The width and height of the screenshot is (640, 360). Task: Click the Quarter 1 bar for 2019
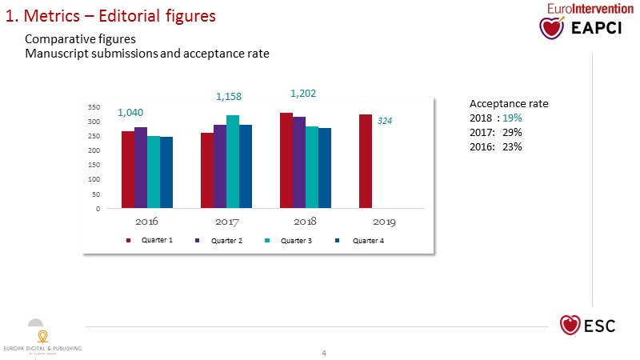coord(366,162)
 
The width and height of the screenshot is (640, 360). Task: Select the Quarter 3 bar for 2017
coord(233,162)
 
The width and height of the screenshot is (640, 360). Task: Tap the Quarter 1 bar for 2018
coord(286,161)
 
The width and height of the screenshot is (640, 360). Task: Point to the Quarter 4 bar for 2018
coord(325,169)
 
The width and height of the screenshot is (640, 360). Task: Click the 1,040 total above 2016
coord(130,113)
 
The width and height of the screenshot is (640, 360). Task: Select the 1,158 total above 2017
coord(229,97)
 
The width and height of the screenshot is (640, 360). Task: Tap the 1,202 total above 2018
coord(303,94)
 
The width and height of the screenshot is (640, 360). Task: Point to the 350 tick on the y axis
coord(94,106)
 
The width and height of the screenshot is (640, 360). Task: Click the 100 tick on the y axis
coord(94,180)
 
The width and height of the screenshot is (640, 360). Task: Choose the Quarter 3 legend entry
coord(294,241)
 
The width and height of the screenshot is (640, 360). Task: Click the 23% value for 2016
coord(513,146)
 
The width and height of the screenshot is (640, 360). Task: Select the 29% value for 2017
coord(513,132)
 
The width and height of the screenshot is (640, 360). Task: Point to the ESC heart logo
coord(570,325)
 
